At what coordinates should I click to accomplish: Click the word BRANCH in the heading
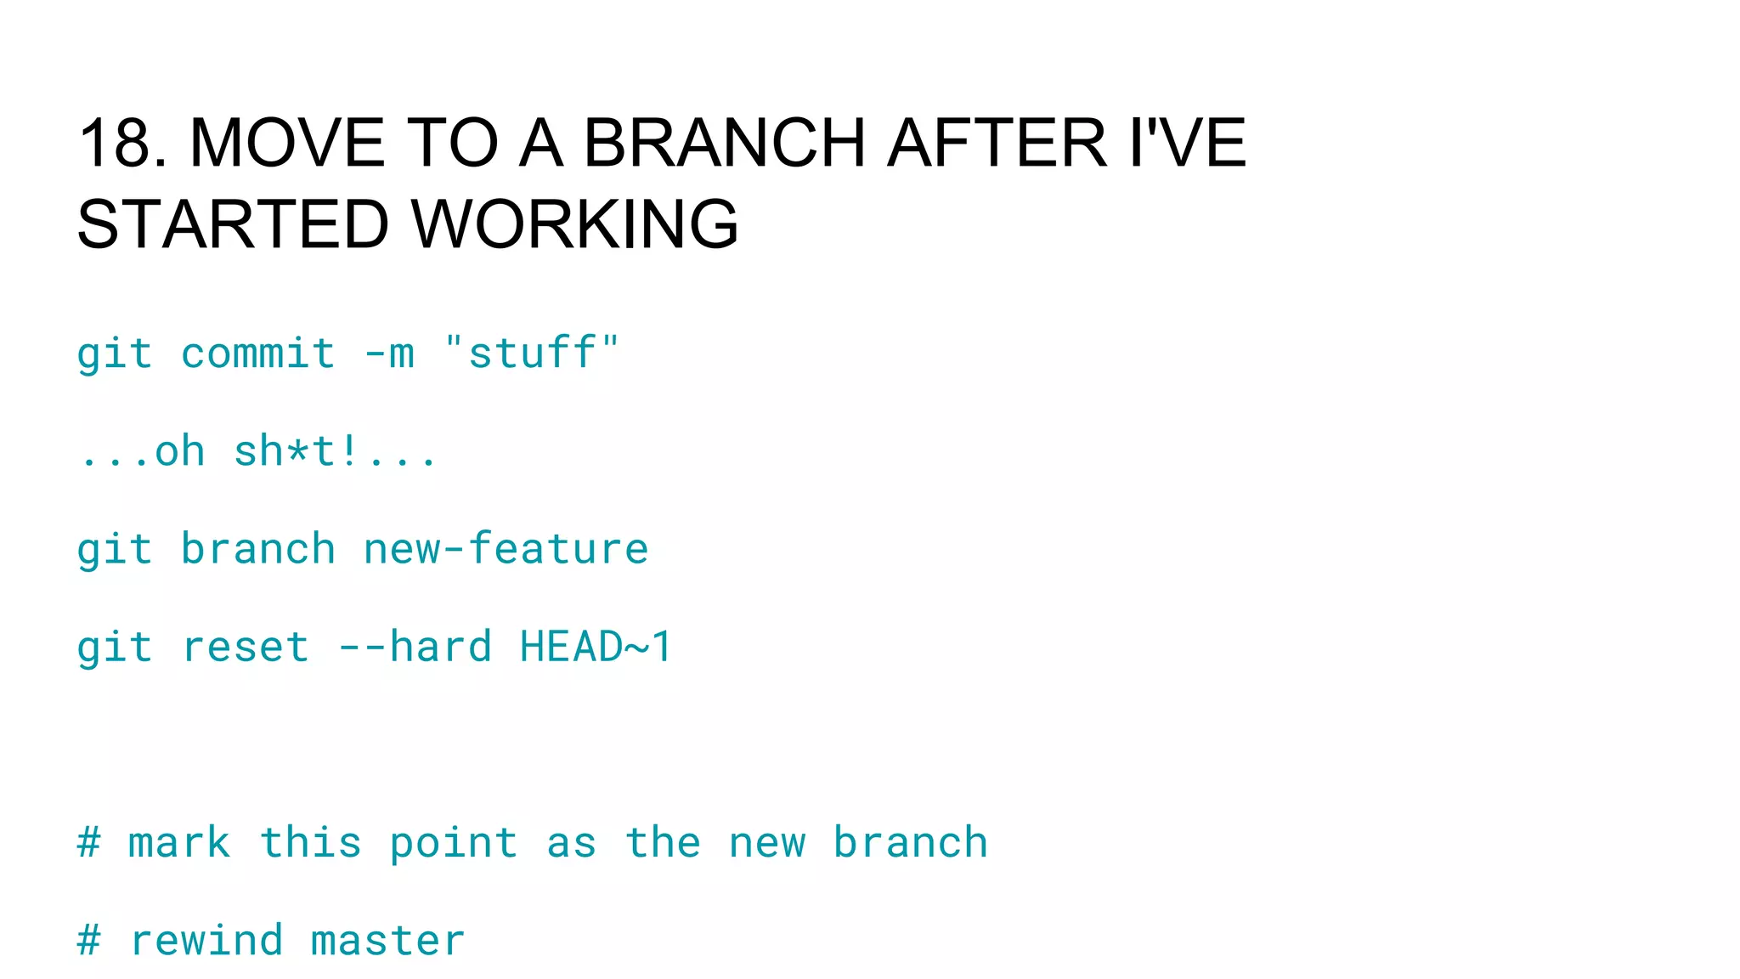click(x=724, y=143)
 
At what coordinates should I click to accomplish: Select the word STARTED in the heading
click(x=232, y=224)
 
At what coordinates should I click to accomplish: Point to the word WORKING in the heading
click(x=575, y=224)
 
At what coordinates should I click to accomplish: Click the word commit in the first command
click(x=258, y=354)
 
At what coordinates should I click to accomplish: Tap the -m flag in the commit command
click(x=389, y=354)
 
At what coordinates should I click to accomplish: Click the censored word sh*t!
click(x=297, y=451)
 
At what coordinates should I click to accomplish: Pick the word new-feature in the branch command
click(x=506, y=549)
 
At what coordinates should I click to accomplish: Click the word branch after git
click(x=258, y=549)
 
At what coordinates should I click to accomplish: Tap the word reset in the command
click(x=246, y=648)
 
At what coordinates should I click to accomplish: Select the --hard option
click(x=415, y=648)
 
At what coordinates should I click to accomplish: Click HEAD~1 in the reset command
click(x=596, y=648)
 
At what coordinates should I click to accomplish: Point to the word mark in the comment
click(x=179, y=843)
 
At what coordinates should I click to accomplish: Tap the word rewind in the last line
click(x=206, y=941)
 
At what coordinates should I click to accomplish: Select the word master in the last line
click(x=388, y=941)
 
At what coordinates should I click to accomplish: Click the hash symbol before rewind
click(x=89, y=941)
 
